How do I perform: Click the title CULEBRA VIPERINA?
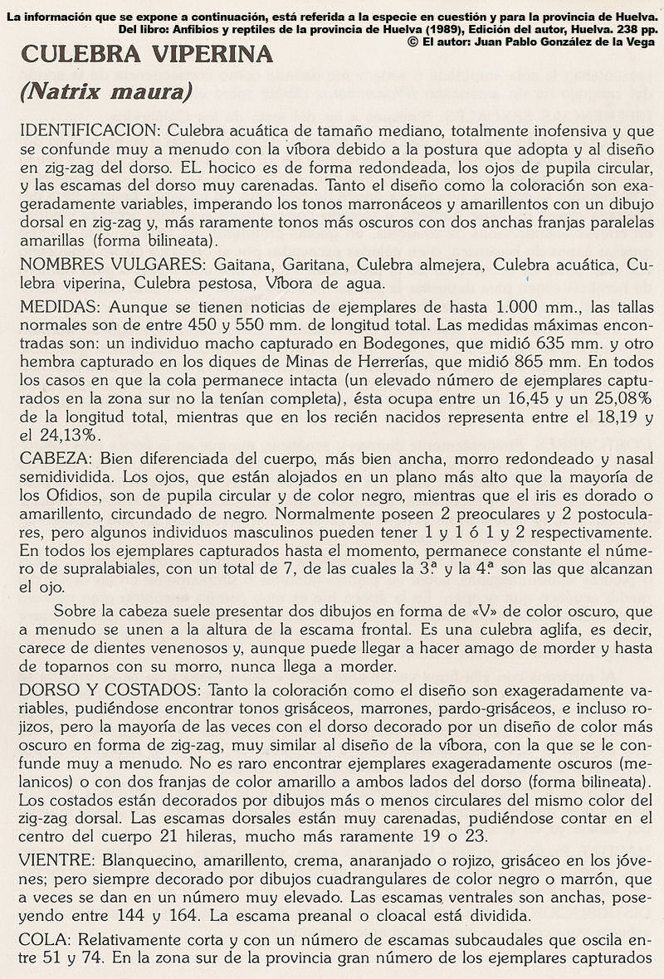pos(147,55)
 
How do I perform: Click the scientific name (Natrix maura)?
pos(106,91)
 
